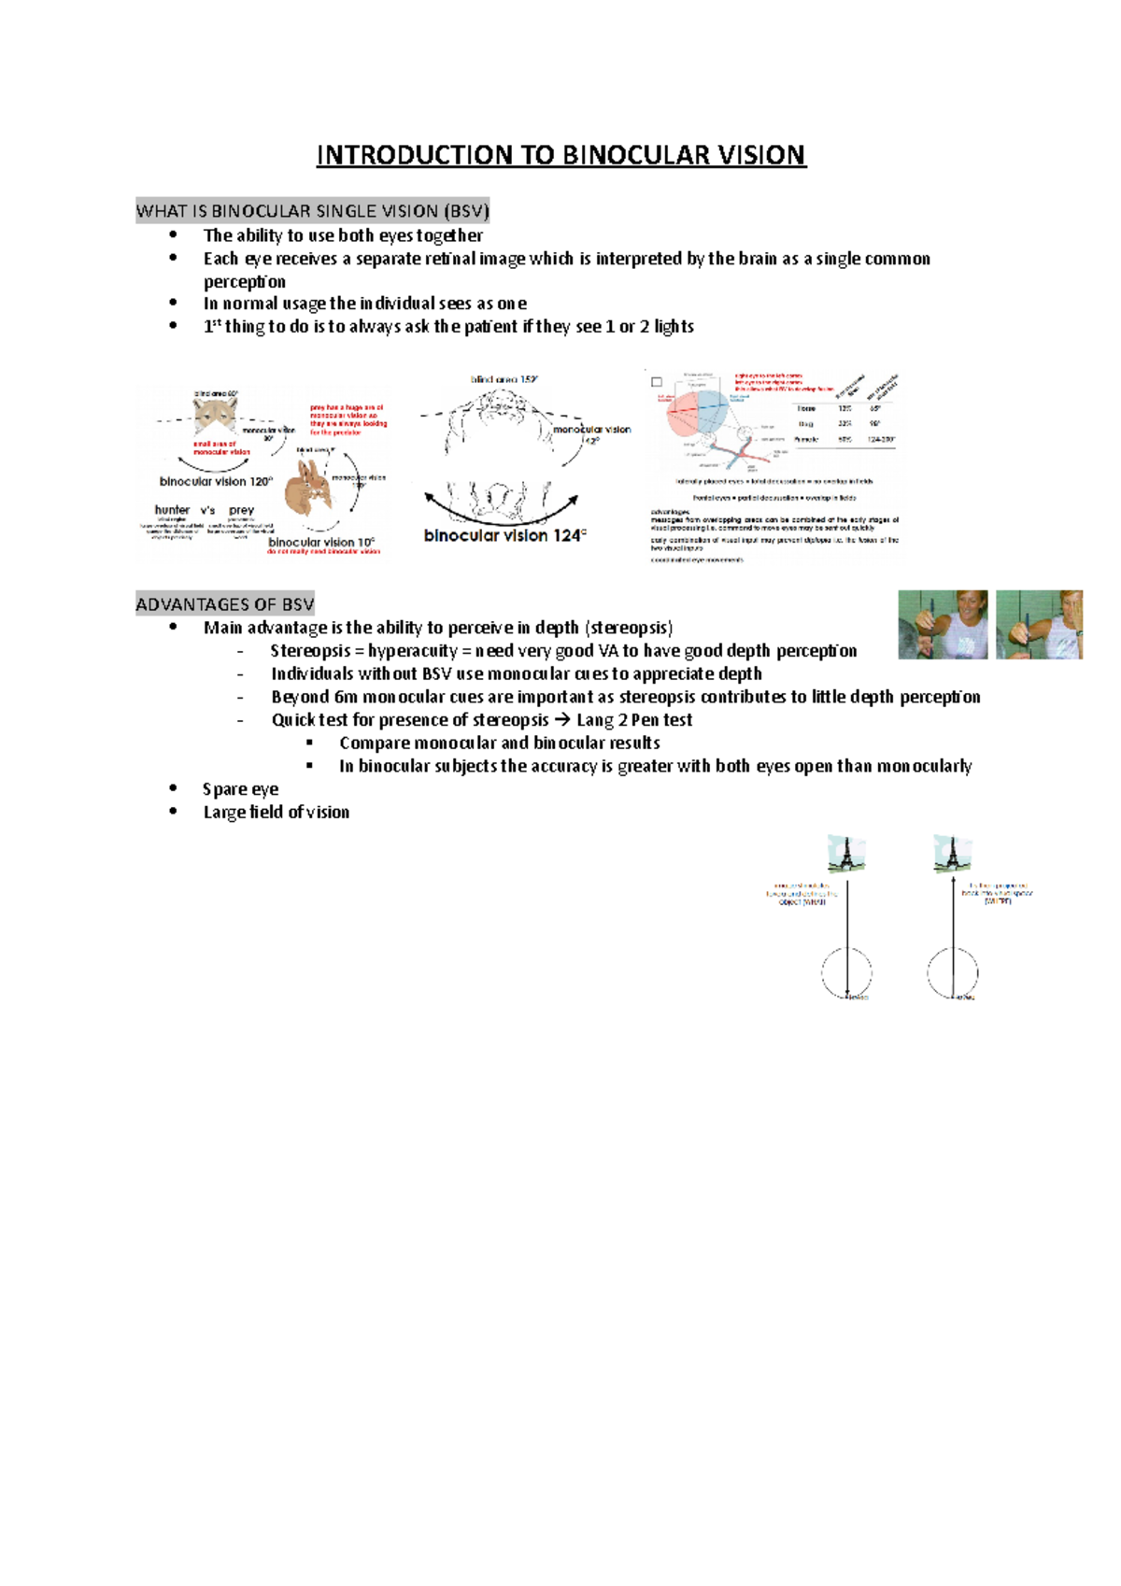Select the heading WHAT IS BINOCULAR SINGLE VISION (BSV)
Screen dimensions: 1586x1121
(x=312, y=211)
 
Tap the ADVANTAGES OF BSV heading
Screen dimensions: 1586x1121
(x=224, y=604)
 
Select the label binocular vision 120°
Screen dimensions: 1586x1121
(x=216, y=482)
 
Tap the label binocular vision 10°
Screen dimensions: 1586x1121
(x=320, y=542)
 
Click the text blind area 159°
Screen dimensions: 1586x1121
(x=504, y=380)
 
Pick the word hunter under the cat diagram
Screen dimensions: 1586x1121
(x=172, y=510)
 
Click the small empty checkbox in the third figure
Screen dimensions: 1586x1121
(x=657, y=382)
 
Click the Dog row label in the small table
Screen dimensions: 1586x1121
(x=805, y=424)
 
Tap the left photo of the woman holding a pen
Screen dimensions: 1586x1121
(x=943, y=624)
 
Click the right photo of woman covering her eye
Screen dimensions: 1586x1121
(x=1039, y=624)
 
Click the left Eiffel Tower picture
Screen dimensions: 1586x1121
(x=845, y=854)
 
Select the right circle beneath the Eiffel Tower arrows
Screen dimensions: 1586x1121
(x=952, y=972)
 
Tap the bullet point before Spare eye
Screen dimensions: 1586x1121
(x=174, y=789)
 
